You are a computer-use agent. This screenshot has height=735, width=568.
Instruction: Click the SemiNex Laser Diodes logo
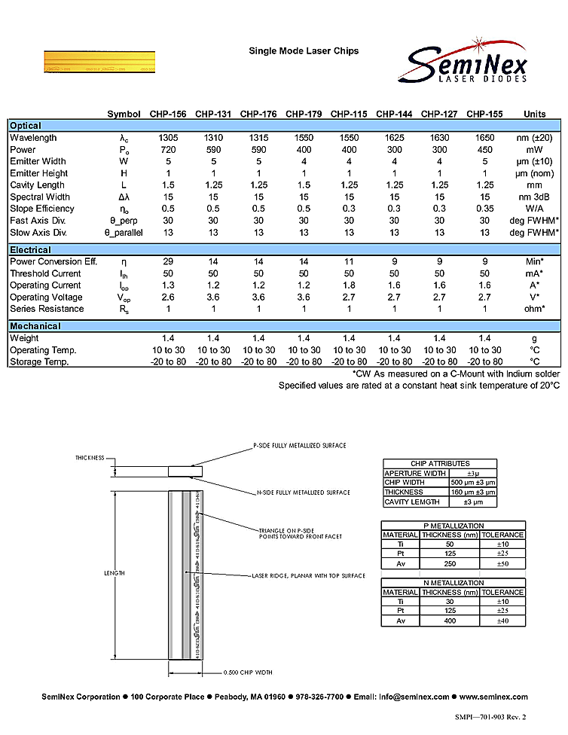(466, 63)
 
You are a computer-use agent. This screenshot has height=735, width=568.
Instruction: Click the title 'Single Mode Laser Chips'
(304, 51)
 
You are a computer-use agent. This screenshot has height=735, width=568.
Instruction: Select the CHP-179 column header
(304, 114)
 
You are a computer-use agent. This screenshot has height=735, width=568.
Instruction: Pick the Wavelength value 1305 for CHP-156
(168, 138)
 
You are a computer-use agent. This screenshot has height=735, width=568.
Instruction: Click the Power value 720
(168, 150)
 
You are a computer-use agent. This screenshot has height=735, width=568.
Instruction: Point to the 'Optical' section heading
(26, 126)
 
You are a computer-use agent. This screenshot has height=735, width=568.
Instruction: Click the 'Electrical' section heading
(30, 250)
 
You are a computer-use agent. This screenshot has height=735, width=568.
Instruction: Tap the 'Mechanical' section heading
(35, 326)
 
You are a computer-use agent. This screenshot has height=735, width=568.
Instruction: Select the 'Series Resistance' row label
(47, 309)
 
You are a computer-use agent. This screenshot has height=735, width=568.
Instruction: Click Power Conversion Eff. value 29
(168, 261)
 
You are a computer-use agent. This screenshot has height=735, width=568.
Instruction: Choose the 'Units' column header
(534, 114)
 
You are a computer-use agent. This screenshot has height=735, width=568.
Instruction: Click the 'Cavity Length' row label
(38, 185)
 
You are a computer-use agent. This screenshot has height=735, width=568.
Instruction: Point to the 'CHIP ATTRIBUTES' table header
(440, 464)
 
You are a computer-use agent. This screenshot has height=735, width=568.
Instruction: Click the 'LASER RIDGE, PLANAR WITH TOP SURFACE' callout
(308, 576)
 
